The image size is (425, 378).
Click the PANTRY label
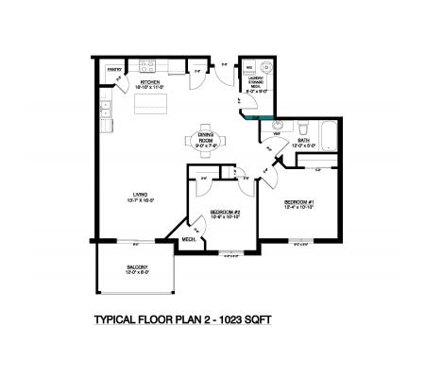112,70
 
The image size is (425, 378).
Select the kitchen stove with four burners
148,66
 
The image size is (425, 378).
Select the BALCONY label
137,267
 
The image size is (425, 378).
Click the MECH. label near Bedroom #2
188,240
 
